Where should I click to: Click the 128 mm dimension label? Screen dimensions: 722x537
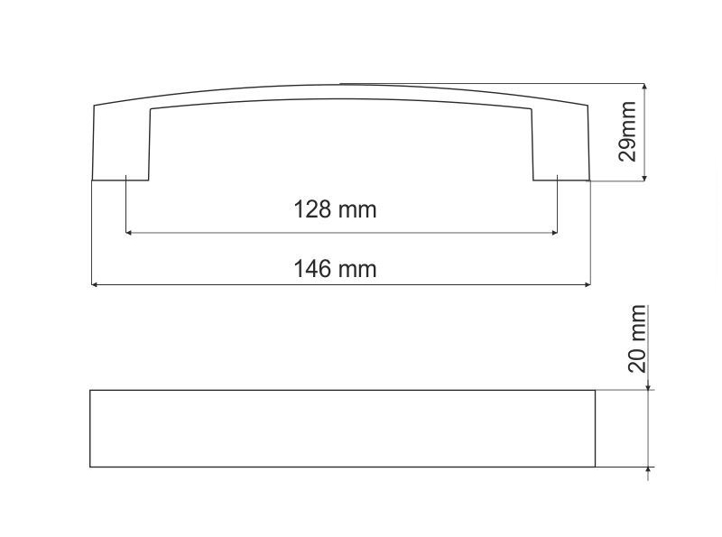[x=335, y=209]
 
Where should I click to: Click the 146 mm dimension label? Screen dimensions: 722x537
[x=335, y=269]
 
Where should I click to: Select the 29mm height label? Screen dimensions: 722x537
[x=627, y=131]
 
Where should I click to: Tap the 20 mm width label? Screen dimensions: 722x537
[x=637, y=338]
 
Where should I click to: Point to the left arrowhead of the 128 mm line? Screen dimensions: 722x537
[x=129, y=233]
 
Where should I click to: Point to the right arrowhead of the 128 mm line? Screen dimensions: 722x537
[x=554, y=233]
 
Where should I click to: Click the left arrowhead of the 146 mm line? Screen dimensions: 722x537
[x=95, y=285]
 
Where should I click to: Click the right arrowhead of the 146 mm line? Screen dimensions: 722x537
[x=588, y=285]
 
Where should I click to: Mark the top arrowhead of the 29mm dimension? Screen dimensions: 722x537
[x=644, y=87]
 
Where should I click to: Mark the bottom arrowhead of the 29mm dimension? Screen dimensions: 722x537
[x=644, y=177]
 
